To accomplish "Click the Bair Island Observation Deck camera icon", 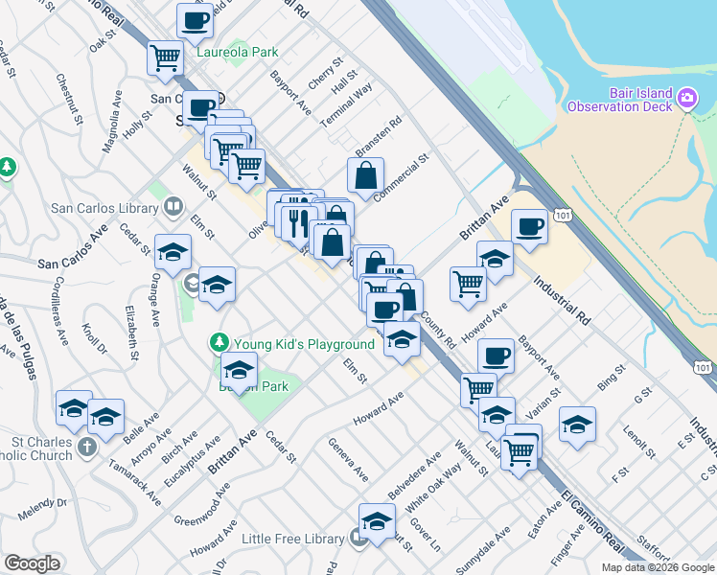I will coord(686,99).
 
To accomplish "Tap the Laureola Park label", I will coord(238,53).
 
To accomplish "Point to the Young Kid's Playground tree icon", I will coord(220,342).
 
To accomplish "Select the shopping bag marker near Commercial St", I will coord(366,176).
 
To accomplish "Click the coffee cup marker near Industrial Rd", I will coord(529,227).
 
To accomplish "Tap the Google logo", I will coord(33,563).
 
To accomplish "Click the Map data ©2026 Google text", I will coord(659,567).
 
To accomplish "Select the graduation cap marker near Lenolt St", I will coord(577,425).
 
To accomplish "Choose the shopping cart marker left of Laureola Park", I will coord(166,57).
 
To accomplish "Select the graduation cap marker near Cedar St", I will coord(173,253).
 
